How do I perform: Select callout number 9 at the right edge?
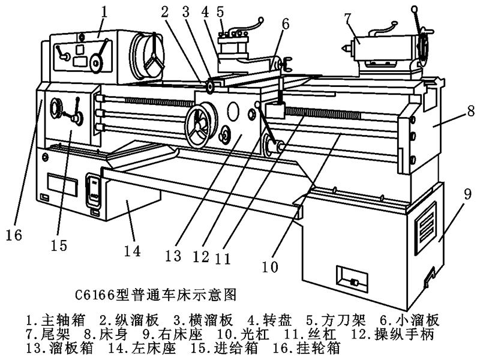tap(467, 194)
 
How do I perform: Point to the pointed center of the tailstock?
tap(346, 46)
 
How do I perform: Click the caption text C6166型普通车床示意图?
tap(157, 295)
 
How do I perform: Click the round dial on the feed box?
tap(57, 108)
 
